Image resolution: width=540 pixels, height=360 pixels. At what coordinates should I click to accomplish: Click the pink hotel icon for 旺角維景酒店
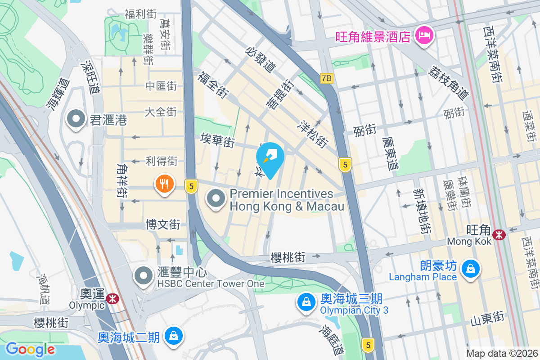[x=424, y=36]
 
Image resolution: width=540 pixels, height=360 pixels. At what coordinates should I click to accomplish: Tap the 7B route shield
[x=327, y=78]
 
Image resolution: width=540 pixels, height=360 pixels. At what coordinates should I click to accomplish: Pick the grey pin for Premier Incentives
[x=216, y=198]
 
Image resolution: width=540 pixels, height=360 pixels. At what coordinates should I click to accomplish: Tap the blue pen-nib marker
[x=270, y=157]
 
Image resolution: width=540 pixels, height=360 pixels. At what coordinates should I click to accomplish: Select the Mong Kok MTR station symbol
[x=499, y=234]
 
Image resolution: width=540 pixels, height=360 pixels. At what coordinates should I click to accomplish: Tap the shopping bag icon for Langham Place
[x=470, y=269]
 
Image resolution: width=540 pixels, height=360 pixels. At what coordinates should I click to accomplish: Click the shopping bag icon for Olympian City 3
[x=306, y=302]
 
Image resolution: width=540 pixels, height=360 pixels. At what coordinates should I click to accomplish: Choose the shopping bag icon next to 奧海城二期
[x=173, y=336]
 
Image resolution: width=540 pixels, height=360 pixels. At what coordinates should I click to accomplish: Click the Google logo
[x=30, y=349]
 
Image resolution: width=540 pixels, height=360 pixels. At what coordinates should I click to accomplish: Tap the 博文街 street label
[x=163, y=224]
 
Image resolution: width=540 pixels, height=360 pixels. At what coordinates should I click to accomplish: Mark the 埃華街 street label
[x=218, y=140]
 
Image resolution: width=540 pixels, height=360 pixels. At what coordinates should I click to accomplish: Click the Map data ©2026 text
[x=501, y=354]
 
